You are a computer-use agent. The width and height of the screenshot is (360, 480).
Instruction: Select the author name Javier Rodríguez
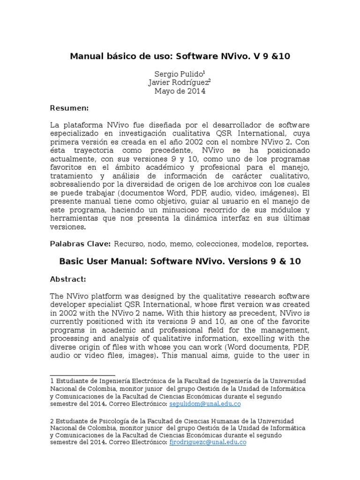(178, 82)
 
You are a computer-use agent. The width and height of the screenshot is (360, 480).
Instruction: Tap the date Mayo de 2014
(180, 91)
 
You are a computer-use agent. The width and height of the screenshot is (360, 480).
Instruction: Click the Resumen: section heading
(69, 108)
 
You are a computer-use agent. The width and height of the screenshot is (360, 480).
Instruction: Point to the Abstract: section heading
(67, 279)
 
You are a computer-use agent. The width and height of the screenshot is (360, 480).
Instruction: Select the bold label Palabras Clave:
(80, 244)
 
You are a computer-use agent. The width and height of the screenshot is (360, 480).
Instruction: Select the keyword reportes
(292, 244)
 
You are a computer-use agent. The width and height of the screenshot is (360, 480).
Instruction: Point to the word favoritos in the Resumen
(67, 167)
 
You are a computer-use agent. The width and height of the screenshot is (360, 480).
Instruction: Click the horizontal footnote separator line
(82, 375)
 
